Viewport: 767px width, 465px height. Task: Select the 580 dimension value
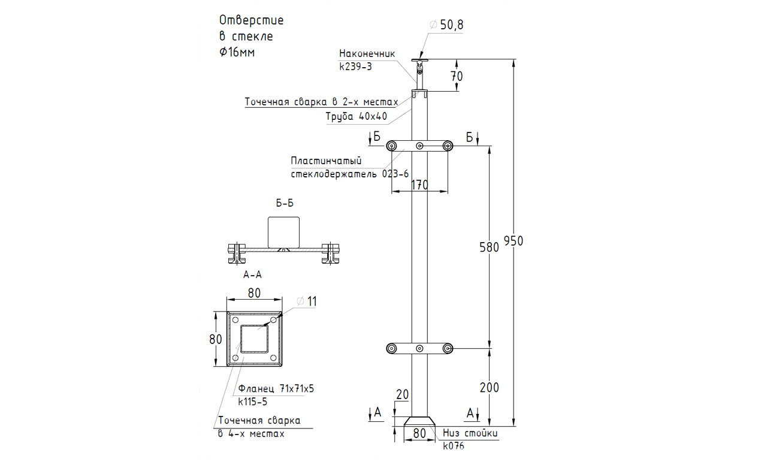[x=489, y=247]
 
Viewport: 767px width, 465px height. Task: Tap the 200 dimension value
[x=489, y=387]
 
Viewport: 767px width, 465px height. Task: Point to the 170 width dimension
[x=419, y=185]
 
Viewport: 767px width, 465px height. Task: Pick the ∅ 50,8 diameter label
[x=447, y=25]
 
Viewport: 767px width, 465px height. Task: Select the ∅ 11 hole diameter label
[x=306, y=301]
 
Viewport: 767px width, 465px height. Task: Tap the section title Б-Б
[x=285, y=203]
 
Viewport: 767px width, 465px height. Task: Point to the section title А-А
[x=253, y=275]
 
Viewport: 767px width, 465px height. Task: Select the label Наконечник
[x=367, y=52]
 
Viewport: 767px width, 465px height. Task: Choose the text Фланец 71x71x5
[x=276, y=389]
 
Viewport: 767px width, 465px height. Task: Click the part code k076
[x=454, y=445]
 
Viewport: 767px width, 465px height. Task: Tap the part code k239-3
[x=355, y=67]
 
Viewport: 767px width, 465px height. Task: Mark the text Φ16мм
[x=237, y=52]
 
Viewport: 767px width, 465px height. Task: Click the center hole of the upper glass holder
[x=419, y=146]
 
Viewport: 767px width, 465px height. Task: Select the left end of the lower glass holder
[x=392, y=348]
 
